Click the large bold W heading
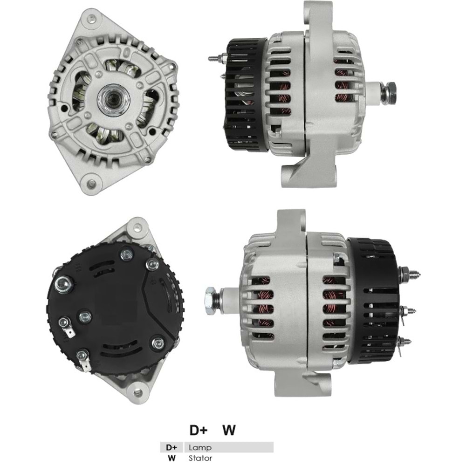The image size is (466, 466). (x=228, y=430)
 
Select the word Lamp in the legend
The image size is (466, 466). (x=200, y=447)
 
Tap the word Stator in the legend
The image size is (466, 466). (x=200, y=458)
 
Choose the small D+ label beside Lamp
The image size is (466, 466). (x=172, y=447)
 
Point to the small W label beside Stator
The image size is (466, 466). (x=172, y=458)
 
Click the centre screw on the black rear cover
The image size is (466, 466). (x=84, y=317)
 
